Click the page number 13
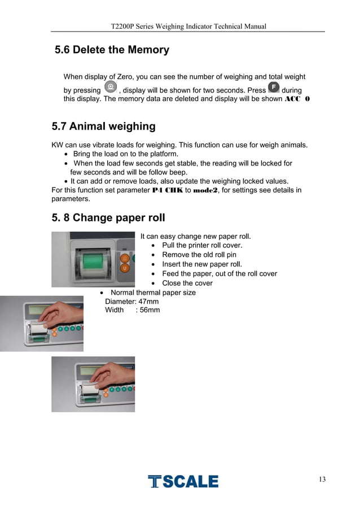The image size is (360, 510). click(x=322, y=479)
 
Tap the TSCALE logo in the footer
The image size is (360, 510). click(x=183, y=481)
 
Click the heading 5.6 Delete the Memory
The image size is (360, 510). click(x=112, y=50)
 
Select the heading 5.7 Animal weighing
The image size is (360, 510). click(x=104, y=126)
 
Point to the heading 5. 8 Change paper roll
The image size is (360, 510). click(x=108, y=217)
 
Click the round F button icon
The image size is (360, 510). click(x=274, y=87)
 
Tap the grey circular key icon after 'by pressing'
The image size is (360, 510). click(x=111, y=87)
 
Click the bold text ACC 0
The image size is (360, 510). click(x=297, y=99)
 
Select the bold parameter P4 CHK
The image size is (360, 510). click(x=168, y=190)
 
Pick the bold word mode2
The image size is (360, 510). click(x=205, y=190)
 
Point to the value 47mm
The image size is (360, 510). click(x=148, y=302)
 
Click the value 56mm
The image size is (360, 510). click(x=150, y=310)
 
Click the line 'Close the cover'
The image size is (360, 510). click(x=187, y=284)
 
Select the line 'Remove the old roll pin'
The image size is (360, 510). click(x=199, y=255)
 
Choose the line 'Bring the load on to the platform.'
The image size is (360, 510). click(x=126, y=154)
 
